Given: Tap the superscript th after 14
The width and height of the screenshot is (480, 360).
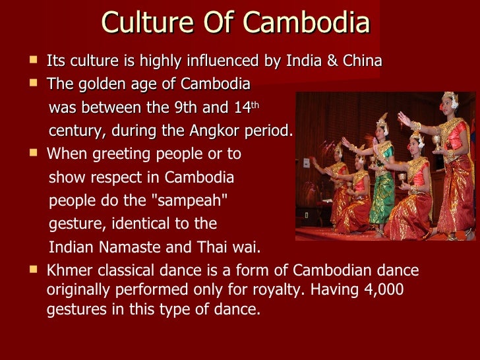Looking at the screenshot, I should tap(257, 104).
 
